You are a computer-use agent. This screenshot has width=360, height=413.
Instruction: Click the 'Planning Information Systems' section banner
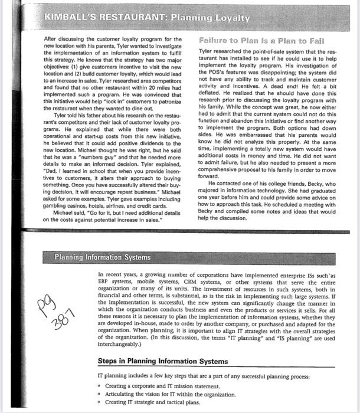(x=102, y=257)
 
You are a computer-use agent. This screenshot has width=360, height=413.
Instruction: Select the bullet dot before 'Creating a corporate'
(x=101, y=386)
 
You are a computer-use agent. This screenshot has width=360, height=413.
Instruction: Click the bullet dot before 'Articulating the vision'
(x=101, y=394)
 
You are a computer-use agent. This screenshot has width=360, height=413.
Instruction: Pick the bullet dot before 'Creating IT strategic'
(x=101, y=402)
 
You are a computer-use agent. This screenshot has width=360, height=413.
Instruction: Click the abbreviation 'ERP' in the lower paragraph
(x=106, y=283)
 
